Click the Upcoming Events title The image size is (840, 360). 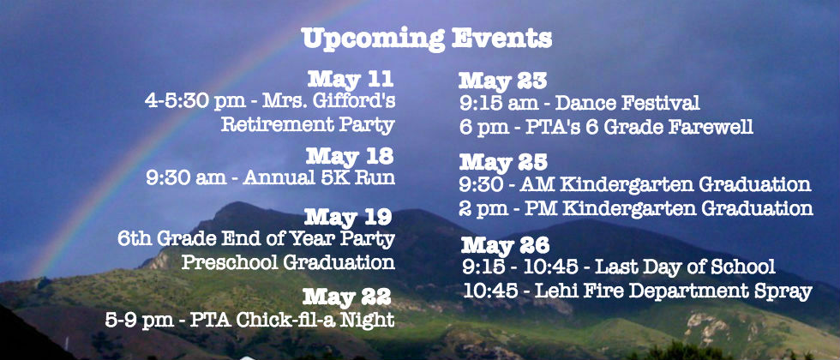tap(427, 39)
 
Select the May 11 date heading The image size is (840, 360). tap(351, 79)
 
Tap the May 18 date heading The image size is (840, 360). tap(350, 156)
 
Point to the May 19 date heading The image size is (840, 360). tap(348, 217)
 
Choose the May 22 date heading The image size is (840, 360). tap(346, 297)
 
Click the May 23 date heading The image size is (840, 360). tap(502, 81)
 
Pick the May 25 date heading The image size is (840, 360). tap(503, 161)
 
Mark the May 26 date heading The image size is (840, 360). tap(505, 245)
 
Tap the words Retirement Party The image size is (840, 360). tap(308, 125)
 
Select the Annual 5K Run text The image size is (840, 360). tap(319, 177)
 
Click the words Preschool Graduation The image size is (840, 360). tap(288, 262)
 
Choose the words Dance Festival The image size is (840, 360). tap(627, 103)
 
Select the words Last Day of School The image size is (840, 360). tap(685, 267)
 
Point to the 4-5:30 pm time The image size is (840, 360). tap(188, 102)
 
